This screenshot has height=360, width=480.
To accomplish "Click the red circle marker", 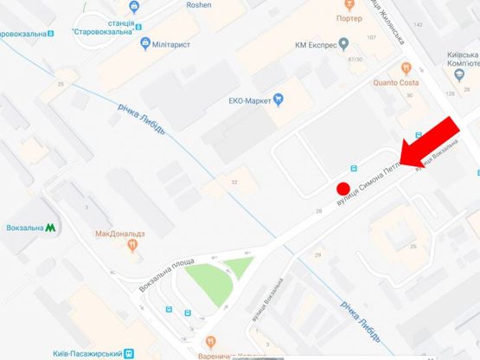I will click(342, 189).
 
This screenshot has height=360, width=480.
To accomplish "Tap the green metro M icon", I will click(51, 228).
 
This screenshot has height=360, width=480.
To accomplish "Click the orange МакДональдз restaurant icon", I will click(131, 246).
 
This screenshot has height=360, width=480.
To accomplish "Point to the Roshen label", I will click(199, 5).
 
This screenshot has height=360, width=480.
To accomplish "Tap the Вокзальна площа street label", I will click(168, 275).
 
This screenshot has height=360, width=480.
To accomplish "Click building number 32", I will click(234, 182).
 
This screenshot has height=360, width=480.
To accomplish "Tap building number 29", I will click(317, 254).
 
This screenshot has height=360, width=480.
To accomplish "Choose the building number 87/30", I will click(353, 59).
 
